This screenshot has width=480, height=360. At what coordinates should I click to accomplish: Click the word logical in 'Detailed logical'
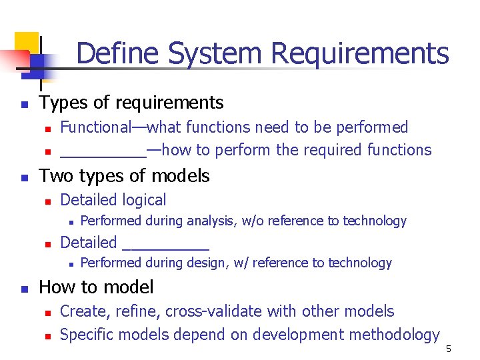143,200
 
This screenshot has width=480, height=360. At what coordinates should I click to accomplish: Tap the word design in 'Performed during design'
207,263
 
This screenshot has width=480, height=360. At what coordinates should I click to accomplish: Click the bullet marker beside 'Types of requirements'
24,104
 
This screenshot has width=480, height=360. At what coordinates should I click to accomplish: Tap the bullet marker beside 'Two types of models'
24,177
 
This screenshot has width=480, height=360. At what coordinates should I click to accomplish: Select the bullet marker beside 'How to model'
24,289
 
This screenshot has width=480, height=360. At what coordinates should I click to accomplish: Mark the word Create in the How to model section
81,311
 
